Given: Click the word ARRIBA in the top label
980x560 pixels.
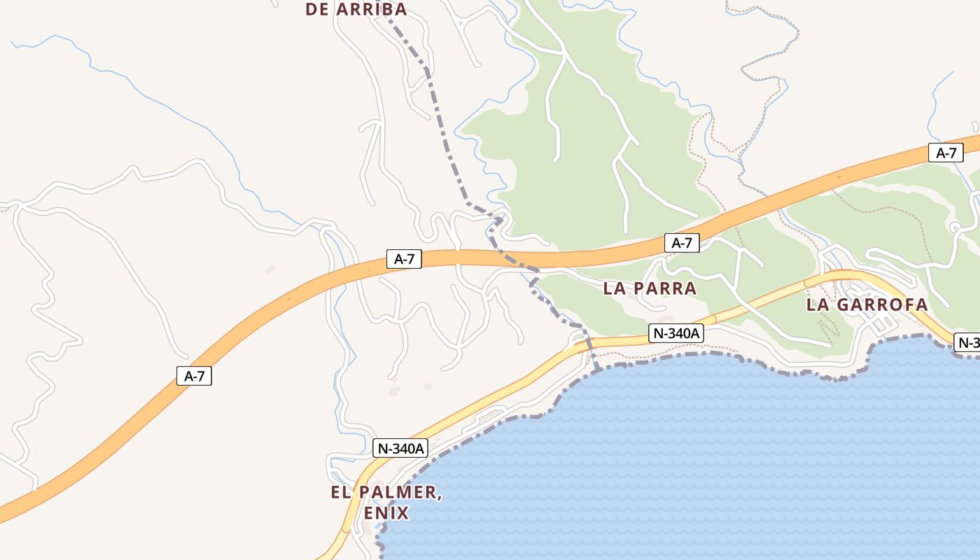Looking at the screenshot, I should point(372,9).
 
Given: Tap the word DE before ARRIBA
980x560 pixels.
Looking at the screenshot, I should point(318,9).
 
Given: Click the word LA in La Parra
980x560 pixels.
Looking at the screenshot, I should point(614,288).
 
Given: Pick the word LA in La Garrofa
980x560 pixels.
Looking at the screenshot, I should point(818,305).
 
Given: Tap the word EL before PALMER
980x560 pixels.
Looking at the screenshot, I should point(340,493).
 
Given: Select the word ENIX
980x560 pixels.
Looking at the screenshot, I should point(386,513).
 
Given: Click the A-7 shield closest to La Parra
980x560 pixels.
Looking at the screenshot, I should point(682,243).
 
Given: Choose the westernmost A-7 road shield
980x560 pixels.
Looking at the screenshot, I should point(194,376).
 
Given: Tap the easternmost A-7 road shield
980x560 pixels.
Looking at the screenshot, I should point(946,153).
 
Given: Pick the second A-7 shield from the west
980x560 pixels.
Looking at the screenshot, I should point(404,259).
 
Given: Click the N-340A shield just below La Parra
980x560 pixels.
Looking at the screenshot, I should point(676,334).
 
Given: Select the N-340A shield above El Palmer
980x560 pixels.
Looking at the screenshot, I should point(400,448).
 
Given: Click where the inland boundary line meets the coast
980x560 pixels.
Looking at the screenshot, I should point(597,368).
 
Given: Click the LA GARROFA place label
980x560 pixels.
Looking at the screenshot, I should point(867,305).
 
